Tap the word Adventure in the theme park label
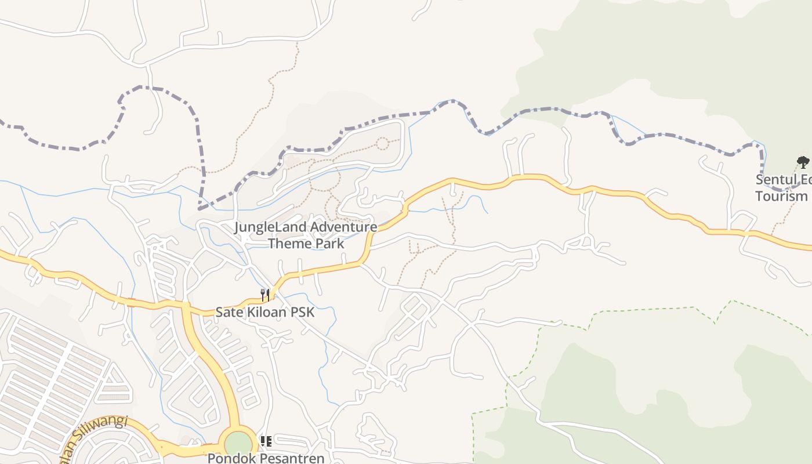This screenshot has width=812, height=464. click(343, 227)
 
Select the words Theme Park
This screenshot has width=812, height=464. click(306, 243)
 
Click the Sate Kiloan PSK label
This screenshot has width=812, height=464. click(264, 312)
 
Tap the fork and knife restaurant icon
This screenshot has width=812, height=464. click(264, 295)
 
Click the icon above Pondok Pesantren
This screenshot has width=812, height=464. click(266, 442)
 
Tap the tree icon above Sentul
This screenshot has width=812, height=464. click(803, 162)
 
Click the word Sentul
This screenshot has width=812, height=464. click(777, 179)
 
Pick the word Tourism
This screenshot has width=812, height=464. click(781, 196)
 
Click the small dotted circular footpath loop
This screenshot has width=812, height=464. click(382, 143)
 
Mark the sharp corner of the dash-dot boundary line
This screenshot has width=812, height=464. click(200, 208)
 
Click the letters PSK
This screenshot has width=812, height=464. click(302, 312)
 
